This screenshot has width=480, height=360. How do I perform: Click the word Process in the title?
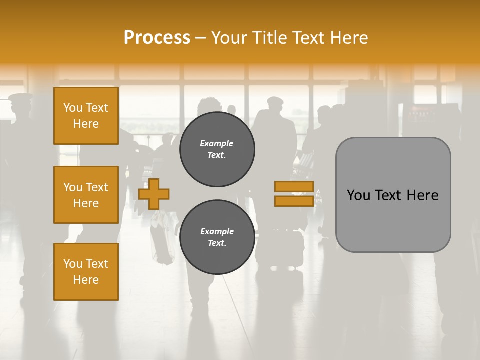[157, 38]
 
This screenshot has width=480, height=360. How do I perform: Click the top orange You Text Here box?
[86, 116]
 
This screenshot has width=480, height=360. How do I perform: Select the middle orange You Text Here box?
[86, 195]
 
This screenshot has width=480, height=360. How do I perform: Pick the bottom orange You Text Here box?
[86, 272]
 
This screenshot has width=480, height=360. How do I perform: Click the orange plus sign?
[153, 194]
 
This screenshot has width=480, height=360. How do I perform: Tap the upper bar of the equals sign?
[294, 186]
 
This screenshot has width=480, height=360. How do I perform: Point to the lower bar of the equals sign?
[294, 201]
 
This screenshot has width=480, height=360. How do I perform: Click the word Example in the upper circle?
[216, 143]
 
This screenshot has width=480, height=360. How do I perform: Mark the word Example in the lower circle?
[217, 231]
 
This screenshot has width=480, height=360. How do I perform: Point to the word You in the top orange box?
[73, 108]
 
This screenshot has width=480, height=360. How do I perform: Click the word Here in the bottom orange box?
[86, 280]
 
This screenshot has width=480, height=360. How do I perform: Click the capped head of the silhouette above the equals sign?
[275, 102]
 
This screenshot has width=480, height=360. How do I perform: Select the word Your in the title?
[229, 38]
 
